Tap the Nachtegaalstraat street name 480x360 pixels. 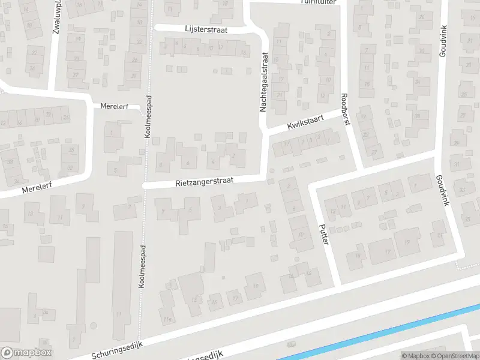tap(263, 82)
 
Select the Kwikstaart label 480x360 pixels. tap(305, 122)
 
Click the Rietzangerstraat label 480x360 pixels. tap(205, 179)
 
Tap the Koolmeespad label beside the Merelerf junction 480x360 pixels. tap(148, 117)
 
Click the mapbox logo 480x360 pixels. tap(26, 353)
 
